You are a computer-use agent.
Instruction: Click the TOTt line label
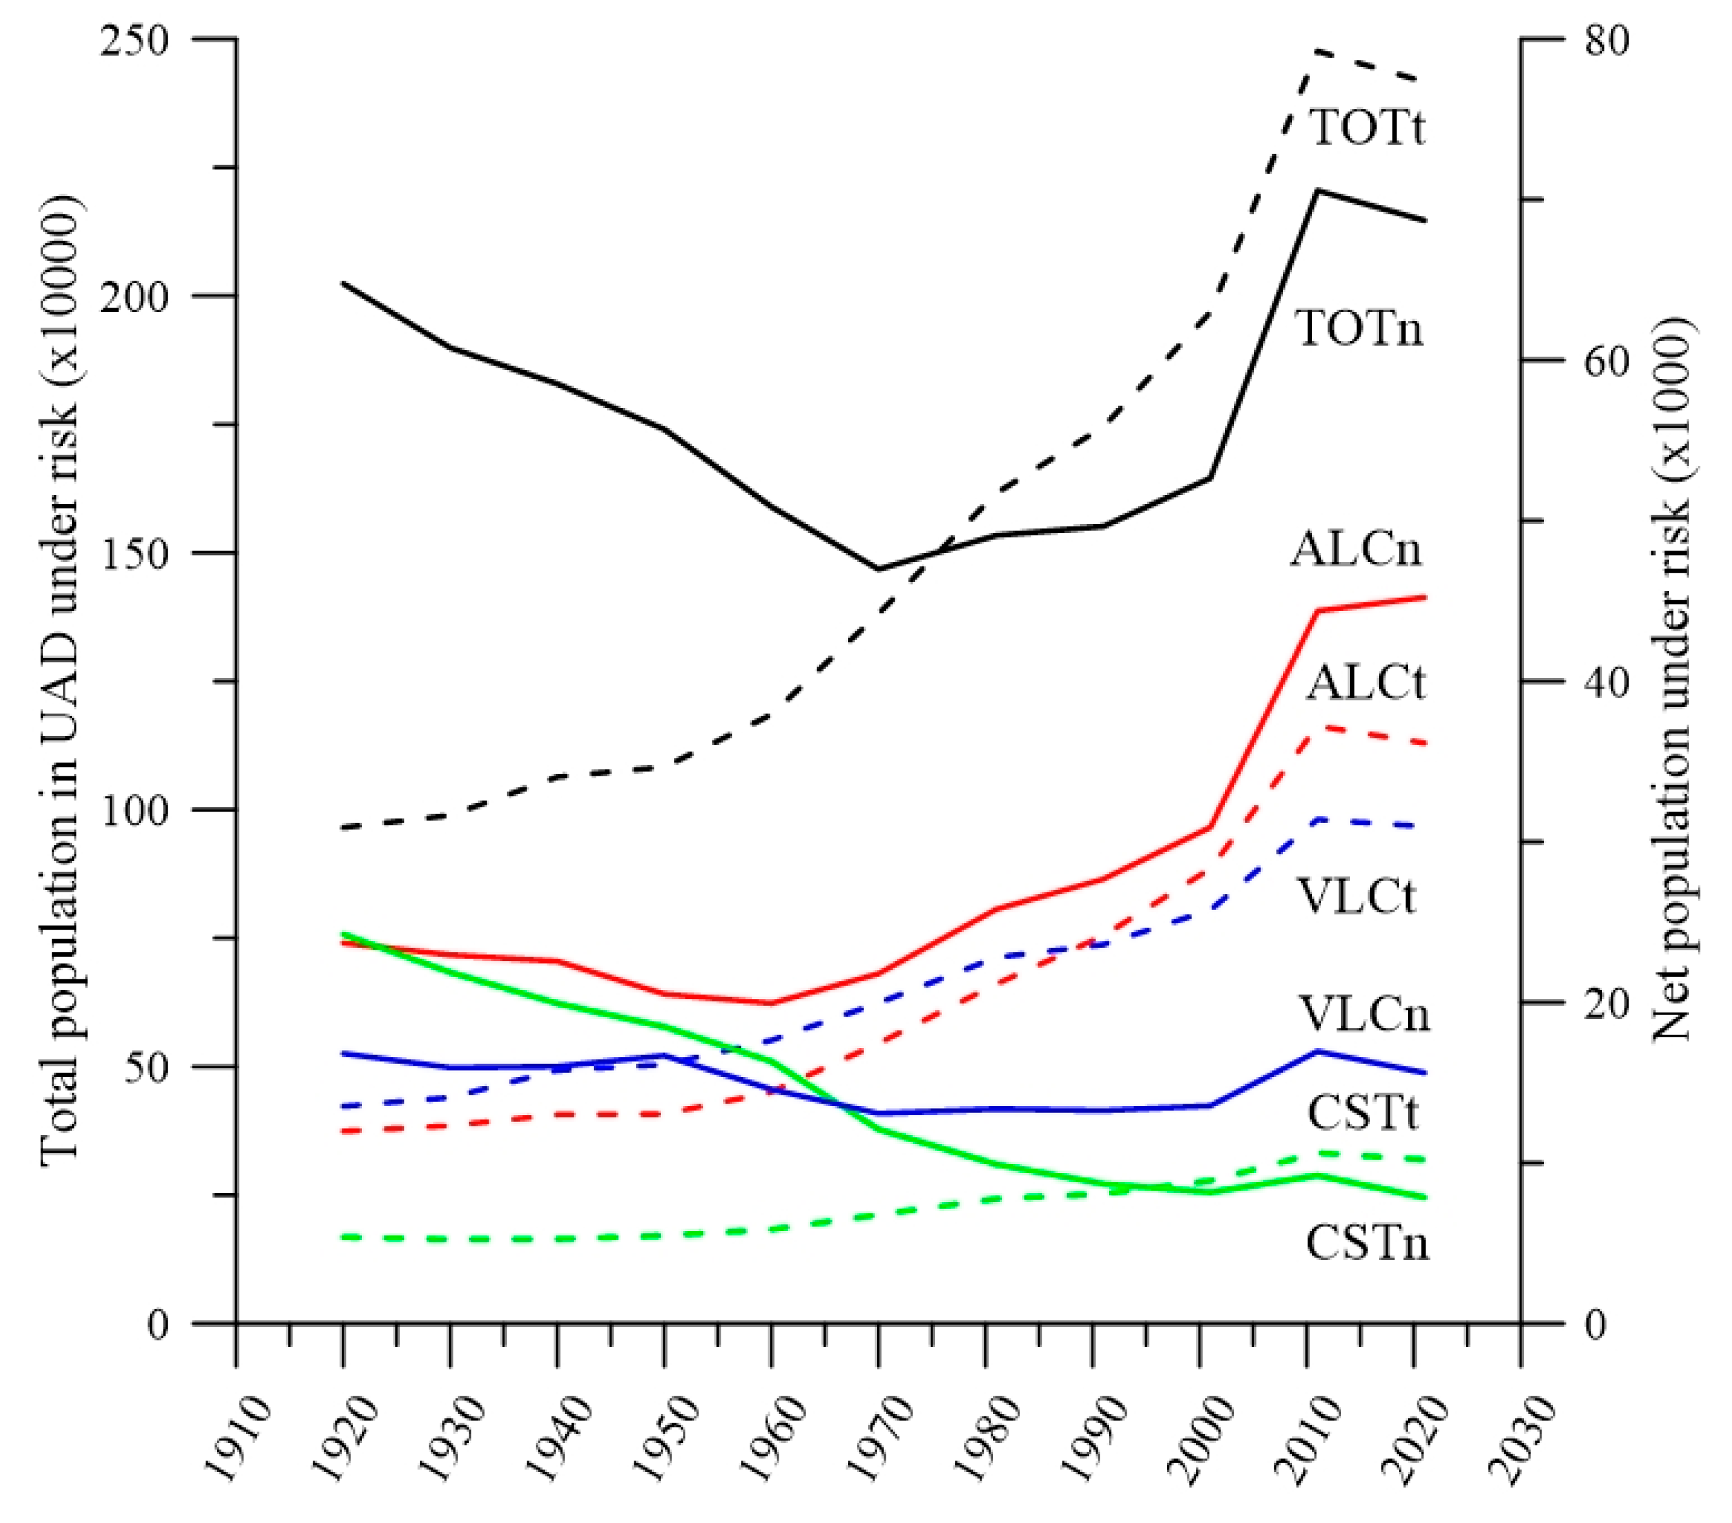[1368, 127]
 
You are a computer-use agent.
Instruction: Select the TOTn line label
[1360, 329]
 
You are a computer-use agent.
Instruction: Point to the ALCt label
[1365, 682]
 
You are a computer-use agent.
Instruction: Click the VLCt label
[1357, 896]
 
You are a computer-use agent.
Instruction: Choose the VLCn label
[1365, 1013]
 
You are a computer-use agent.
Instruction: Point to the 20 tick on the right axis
[1607, 1003]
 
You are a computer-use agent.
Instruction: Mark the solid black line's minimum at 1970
[879, 569]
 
